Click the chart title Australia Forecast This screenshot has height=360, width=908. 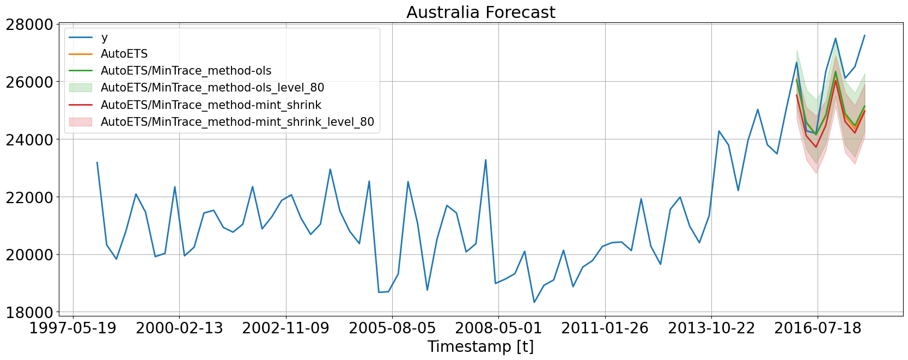click(x=480, y=12)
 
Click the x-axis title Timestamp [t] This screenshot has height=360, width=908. click(x=480, y=346)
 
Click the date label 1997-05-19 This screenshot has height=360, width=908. click(x=73, y=328)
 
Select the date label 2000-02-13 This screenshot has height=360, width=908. click(x=179, y=328)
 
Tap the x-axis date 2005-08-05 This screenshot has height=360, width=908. click(x=392, y=328)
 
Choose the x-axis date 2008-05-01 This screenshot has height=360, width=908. click(x=498, y=328)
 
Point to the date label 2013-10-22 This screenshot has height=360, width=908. click(x=711, y=328)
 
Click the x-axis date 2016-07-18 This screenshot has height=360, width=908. click(x=818, y=328)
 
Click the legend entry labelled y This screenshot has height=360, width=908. click(x=105, y=37)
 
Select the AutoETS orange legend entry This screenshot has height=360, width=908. click(x=124, y=54)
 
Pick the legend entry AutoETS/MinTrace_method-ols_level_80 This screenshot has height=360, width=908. click(x=212, y=88)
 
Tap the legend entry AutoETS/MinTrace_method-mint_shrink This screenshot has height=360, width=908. click(x=211, y=105)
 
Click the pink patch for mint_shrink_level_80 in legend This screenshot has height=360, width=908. click(x=81, y=122)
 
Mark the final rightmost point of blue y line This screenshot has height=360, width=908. click(x=864, y=35)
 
